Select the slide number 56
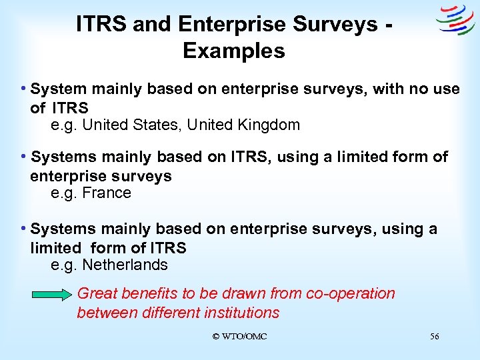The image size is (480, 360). pyautogui.click(x=435, y=337)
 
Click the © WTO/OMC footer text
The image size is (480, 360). pyautogui.click(x=239, y=337)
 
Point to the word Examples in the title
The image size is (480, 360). pyautogui.click(x=233, y=51)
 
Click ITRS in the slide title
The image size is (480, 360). pyautogui.click(x=102, y=25)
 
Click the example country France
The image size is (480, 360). pyautogui.click(x=107, y=193)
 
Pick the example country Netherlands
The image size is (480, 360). pyautogui.click(x=125, y=265)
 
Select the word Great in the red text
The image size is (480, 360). pyautogui.click(x=95, y=293)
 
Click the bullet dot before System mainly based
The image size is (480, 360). pyautogui.click(x=24, y=88)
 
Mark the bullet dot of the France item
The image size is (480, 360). pyautogui.click(x=24, y=157)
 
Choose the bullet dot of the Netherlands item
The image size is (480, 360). pyautogui.click(x=24, y=229)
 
